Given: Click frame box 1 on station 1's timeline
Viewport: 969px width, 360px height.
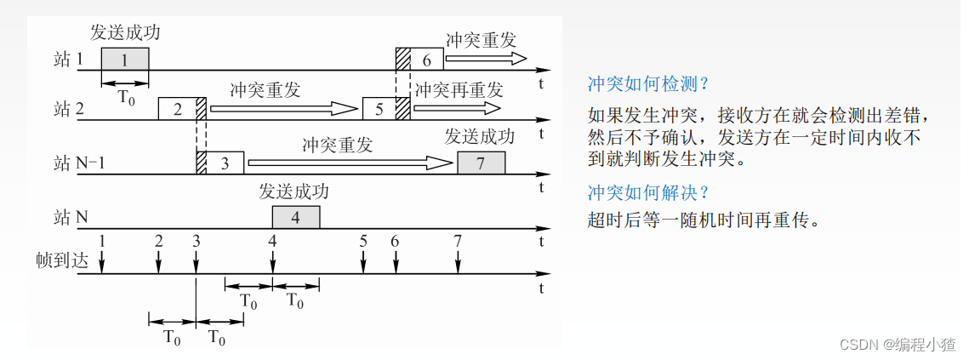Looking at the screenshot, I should tap(124, 59).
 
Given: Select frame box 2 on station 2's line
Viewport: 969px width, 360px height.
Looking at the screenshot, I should tap(177, 109).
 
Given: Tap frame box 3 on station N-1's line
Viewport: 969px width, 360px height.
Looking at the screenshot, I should tap(225, 163).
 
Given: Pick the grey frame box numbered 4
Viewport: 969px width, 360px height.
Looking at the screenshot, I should tap(295, 217).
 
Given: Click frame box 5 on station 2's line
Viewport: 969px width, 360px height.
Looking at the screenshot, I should tap(379, 109).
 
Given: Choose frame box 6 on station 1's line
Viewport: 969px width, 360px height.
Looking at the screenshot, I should tap(426, 59).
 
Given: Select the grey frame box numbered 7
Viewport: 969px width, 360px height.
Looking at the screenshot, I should tap(481, 163).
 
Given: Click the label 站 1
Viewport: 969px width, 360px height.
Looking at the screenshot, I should tap(69, 60).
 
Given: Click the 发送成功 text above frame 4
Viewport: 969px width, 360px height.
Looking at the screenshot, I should tap(294, 191).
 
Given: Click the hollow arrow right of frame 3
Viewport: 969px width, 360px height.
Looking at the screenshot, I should tap(349, 163).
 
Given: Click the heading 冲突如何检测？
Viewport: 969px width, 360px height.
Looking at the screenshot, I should tap(648, 84).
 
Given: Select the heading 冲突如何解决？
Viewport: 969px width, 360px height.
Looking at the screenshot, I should tap(648, 191).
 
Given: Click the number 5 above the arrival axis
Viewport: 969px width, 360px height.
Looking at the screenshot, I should tap(363, 241).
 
